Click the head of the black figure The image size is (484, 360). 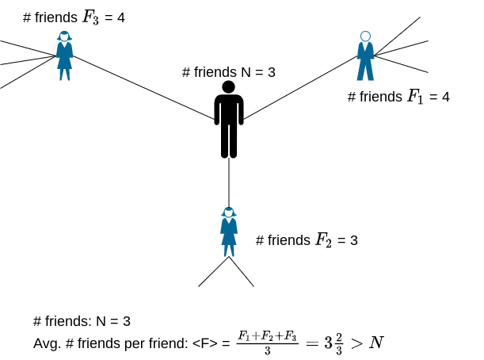pyautogui.click(x=229, y=87)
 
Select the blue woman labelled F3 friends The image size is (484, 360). pyautogui.click(x=64, y=56)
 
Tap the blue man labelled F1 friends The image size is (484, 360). pyautogui.click(x=365, y=56)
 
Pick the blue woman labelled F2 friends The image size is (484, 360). pyautogui.click(x=229, y=232)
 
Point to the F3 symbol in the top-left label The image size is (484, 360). pyautogui.click(x=90, y=17)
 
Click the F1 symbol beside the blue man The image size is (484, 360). pyautogui.click(x=415, y=97)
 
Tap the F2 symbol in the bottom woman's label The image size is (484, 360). pyautogui.click(x=323, y=240)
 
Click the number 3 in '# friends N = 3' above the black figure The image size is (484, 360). pyautogui.click(x=272, y=72)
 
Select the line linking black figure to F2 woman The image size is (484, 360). pyautogui.click(x=229, y=182)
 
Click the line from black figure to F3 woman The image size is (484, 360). pyautogui.click(x=143, y=88)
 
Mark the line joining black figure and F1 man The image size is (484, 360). pyautogui.click(x=300, y=87)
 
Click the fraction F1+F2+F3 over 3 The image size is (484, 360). pyautogui.click(x=267, y=343)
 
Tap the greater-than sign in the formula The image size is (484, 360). pyautogui.click(x=356, y=343)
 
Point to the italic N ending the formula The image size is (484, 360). pyautogui.click(x=376, y=343)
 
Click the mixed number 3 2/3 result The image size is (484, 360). pyautogui.click(x=333, y=343)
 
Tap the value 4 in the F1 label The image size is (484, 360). pyautogui.click(x=445, y=97)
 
